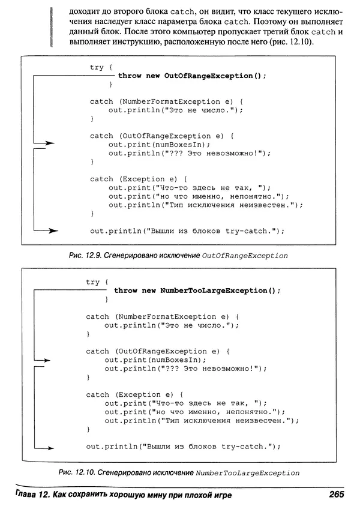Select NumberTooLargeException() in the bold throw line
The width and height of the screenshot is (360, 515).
pos(220,291)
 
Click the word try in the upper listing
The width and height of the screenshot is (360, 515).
pos(97,68)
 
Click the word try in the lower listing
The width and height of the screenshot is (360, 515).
pos(93,282)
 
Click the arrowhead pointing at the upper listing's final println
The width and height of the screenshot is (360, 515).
pos(53,230)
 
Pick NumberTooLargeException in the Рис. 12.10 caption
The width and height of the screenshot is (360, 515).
pos(247,473)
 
